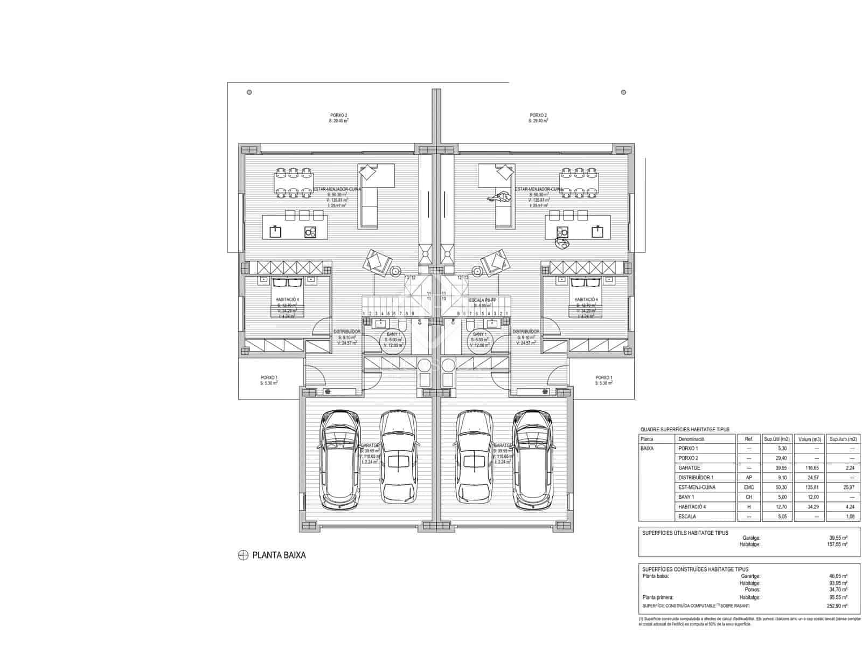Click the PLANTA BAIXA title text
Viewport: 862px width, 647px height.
(x=279, y=555)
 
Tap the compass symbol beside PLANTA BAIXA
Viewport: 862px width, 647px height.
(x=243, y=555)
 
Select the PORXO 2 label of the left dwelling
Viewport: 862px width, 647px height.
(x=338, y=115)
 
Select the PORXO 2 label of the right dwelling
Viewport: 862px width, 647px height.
(x=538, y=115)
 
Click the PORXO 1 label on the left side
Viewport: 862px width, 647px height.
(x=269, y=377)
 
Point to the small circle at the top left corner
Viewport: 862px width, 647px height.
(x=249, y=92)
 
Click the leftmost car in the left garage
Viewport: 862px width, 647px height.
(x=339, y=460)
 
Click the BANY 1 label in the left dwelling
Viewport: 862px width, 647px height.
(x=393, y=334)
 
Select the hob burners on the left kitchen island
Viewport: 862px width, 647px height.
(x=310, y=232)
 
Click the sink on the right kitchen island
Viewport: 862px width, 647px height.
(x=597, y=232)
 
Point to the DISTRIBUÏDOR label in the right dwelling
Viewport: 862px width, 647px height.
(x=525, y=332)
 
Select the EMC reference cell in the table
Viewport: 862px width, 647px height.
(x=749, y=487)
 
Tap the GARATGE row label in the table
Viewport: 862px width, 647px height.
(x=690, y=468)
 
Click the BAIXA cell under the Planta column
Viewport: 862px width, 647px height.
(x=647, y=449)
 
